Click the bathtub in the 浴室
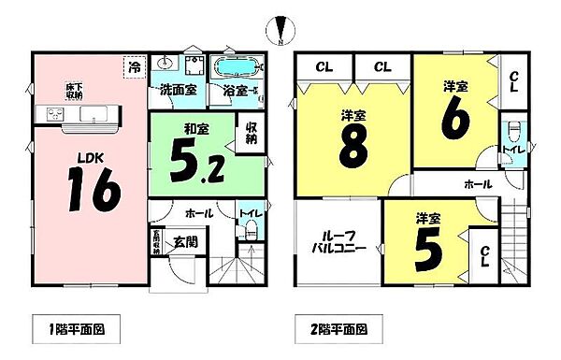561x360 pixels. [239, 67]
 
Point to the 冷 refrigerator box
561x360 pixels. [136, 66]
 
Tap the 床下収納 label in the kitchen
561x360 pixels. [72, 92]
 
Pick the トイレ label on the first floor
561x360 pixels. [249, 214]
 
